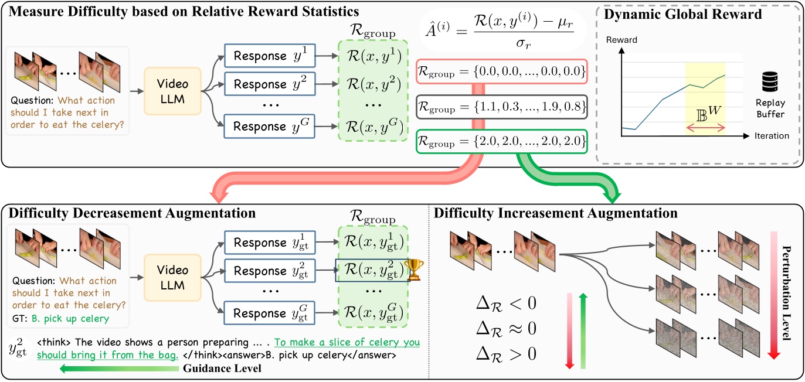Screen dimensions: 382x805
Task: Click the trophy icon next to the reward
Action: [413, 270]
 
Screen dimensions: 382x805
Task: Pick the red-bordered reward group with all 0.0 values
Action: [501, 73]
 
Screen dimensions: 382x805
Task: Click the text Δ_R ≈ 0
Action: [507, 329]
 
